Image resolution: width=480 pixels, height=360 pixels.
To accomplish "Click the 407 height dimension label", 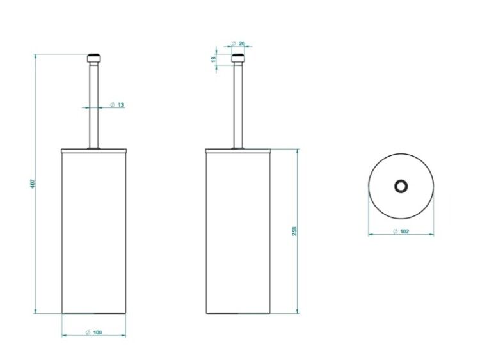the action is click(x=33, y=184).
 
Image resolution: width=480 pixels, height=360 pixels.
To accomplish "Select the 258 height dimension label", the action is click(x=294, y=231).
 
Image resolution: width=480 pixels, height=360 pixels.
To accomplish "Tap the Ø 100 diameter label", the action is click(x=93, y=333).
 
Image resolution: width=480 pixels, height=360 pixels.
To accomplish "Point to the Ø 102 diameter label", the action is click(x=401, y=231).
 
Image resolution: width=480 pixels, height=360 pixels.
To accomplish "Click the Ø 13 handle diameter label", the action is click(x=117, y=105).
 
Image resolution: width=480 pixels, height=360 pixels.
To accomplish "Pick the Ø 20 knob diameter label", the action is click(x=238, y=43).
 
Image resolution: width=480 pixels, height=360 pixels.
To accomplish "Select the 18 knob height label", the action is click(x=213, y=59).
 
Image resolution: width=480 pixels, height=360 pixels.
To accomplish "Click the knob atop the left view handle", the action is click(x=94, y=58).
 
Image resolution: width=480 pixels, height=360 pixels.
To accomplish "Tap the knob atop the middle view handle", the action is click(x=238, y=58).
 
